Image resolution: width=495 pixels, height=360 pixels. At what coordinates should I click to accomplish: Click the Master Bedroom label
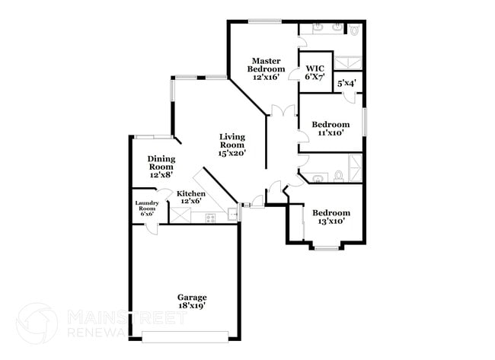click(268, 68)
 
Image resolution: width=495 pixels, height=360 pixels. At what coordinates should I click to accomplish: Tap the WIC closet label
click(315, 73)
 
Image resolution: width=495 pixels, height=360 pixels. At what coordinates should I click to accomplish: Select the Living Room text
click(232, 145)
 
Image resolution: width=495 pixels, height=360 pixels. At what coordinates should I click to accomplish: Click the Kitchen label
click(190, 198)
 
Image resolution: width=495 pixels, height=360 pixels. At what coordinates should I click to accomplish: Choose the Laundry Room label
click(146, 208)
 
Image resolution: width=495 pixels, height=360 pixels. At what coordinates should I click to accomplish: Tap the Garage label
click(192, 301)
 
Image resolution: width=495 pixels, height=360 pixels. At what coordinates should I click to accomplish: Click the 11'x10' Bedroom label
click(331, 128)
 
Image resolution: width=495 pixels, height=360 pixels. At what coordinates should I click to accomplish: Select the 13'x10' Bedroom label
click(331, 217)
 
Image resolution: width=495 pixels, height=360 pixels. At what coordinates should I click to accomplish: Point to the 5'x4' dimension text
click(347, 84)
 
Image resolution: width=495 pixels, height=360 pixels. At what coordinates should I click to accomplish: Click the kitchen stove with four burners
click(211, 218)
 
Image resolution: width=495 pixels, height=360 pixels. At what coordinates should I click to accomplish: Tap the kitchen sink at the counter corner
click(233, 214)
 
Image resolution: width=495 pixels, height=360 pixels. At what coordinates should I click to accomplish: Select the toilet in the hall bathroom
click(338, 177)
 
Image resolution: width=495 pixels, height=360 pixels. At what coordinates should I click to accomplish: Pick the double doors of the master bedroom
click(283, 111)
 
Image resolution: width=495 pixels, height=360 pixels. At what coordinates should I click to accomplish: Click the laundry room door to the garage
click(153, 226)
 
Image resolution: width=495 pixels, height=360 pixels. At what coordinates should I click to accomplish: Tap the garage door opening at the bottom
click(185, 335)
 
